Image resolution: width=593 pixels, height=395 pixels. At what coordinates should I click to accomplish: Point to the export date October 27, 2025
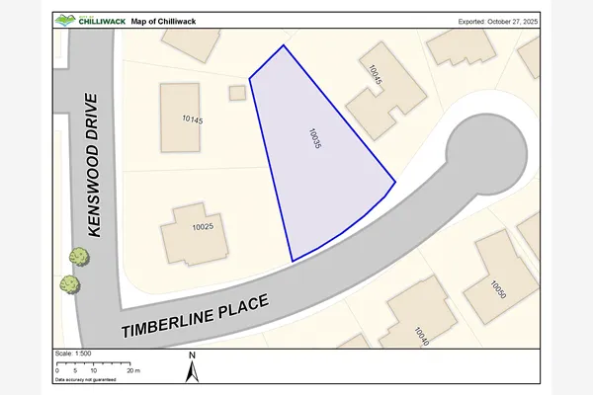coord(498,20)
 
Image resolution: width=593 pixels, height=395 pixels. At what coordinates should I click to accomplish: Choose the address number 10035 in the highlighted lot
coord(315,139)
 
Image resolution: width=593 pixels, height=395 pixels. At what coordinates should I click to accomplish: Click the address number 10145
coord(193,119)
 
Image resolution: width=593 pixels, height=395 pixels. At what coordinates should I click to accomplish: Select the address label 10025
coord(203,227)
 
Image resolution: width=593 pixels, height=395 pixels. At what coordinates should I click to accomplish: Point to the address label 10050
coord(498,287)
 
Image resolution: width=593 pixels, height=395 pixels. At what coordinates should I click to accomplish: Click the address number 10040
coord(424,336)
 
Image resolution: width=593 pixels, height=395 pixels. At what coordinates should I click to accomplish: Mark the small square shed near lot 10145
coord(237,93)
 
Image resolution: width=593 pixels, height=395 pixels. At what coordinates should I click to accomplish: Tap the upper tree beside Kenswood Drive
coord(78,258)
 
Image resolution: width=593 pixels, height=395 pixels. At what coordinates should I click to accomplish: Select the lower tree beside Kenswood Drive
coord(69,284)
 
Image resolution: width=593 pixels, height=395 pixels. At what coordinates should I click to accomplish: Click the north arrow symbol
coord(194,371)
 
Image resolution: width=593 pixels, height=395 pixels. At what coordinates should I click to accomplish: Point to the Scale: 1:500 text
coord(73,354)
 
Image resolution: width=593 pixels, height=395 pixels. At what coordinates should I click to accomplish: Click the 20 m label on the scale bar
coord(134,370)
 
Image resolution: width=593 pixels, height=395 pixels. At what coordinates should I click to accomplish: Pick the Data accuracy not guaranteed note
coord(86,379)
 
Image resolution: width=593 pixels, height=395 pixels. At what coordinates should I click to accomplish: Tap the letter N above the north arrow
coord(194,355)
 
